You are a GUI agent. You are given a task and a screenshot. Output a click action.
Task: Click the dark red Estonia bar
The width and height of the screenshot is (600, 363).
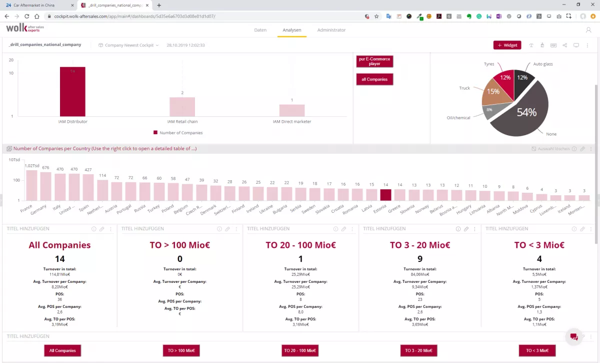(x=385, y=195)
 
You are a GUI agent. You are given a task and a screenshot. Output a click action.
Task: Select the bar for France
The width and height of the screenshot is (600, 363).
(x=32, y=185)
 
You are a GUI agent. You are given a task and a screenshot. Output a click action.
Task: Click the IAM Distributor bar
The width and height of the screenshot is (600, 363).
(x=72, y=92)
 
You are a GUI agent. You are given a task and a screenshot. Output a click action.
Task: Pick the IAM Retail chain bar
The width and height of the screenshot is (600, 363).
(x=182, y=107)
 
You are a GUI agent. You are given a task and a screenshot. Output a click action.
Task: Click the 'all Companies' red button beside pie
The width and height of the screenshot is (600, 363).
(x=374, y=80)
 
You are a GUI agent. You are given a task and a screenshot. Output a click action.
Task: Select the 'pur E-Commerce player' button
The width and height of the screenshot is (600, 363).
(x=374, y=61)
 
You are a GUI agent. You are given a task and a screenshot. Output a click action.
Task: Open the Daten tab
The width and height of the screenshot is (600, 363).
(x=260, y=30)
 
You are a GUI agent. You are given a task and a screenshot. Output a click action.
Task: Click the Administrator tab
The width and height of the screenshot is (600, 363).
(x=331, y=30)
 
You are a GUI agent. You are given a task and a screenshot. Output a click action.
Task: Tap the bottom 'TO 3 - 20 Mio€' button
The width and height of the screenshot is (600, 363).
(x=418, y=350)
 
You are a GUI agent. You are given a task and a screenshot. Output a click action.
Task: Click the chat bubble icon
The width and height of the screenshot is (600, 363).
(x=574, y=337)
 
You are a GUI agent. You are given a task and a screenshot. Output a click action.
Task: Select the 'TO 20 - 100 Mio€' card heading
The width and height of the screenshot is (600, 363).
(x=300, y=245)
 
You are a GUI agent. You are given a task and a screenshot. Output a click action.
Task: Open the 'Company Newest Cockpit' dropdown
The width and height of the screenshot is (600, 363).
(x=129, y=45)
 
